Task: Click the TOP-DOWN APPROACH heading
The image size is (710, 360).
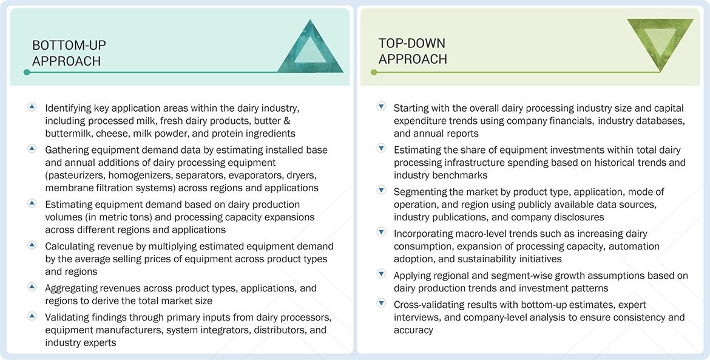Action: click(413, 51)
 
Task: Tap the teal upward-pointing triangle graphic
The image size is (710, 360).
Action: click(309, 47)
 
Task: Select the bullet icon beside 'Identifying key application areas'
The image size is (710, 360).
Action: click(32, 107)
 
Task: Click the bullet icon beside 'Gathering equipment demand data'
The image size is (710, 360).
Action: click(32, 149)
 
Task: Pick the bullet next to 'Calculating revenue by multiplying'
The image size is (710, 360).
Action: click(32, 246)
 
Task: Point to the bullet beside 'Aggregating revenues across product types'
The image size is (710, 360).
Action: click(32, 288)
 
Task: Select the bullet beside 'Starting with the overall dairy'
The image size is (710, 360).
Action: click(381, 107)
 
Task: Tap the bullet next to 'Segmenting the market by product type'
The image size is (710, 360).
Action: click(381, 191)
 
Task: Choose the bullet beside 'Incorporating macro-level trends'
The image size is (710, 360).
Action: click(381, 233)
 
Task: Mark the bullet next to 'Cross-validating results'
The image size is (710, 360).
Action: click(381, 304)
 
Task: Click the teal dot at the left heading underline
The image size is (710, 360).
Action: click(26, 72)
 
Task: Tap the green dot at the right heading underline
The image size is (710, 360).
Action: click(374, 72)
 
